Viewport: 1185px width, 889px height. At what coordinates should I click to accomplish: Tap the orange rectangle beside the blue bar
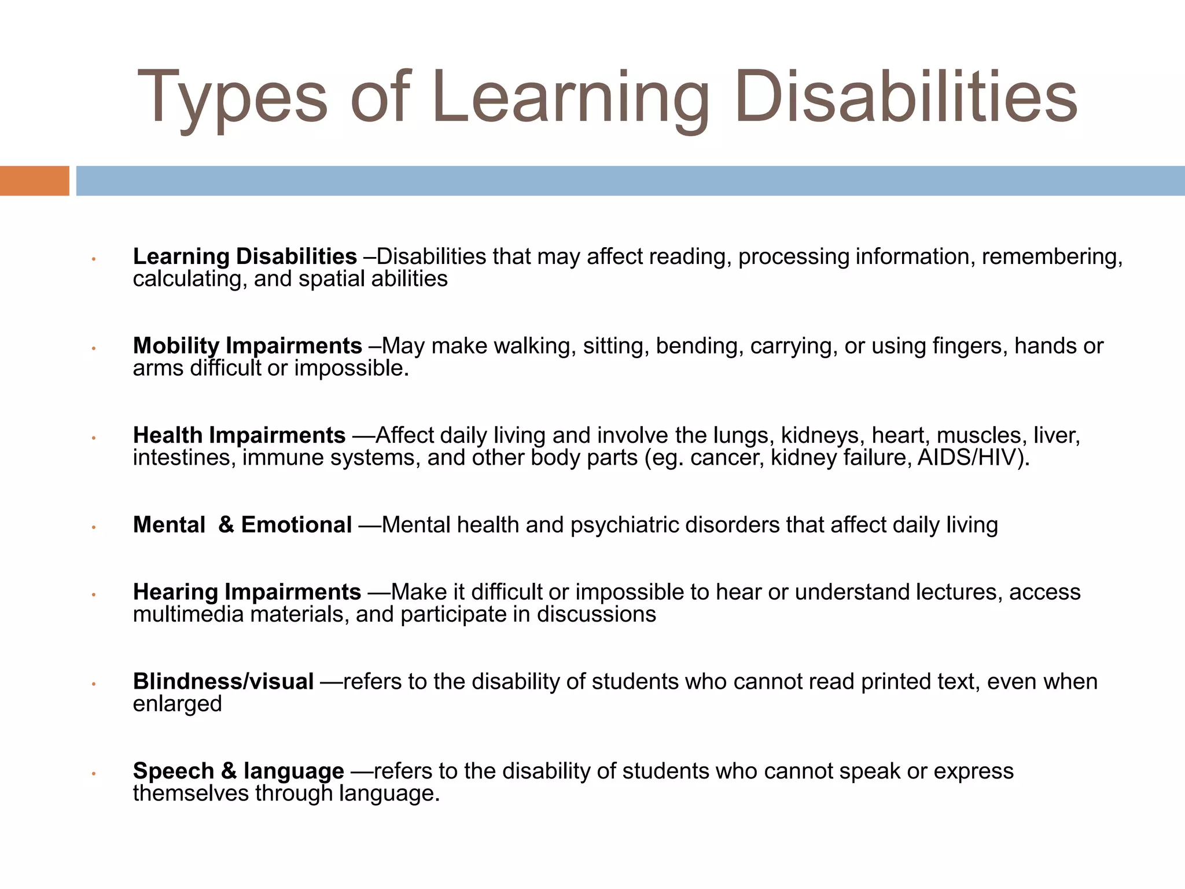pos(34,181)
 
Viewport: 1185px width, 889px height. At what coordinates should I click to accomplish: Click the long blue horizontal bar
pos(630,181)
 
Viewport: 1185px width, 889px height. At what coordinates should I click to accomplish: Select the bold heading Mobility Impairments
pos(247,346)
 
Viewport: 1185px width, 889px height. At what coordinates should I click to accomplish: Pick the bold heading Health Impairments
pos(239,435)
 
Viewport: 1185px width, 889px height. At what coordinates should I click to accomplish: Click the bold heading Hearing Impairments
pos(247,592)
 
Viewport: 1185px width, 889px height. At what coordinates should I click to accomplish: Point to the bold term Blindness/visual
pos(223,682)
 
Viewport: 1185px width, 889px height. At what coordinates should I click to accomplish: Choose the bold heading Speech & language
pos(238,771)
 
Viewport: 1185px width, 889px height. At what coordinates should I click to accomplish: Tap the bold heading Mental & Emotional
pos(242,525)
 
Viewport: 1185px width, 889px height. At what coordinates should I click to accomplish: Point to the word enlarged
pos(177,704)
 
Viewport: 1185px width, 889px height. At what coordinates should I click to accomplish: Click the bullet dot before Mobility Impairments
pos(93,348)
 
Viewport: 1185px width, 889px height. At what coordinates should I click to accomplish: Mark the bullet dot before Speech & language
pos(93,774)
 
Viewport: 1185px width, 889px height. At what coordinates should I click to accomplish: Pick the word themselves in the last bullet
pos(190,794)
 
